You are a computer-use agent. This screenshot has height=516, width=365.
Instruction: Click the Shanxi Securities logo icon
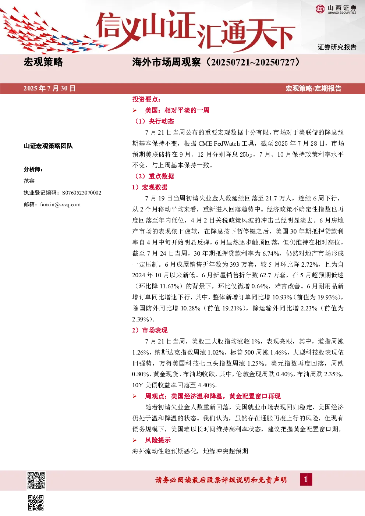tap(320, 9)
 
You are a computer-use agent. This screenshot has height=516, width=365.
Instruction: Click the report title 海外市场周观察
tap(166, 63)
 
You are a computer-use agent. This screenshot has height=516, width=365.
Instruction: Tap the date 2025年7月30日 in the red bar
tap(50, 88)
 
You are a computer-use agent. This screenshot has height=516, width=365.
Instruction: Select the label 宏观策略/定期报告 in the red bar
tap(313, 88)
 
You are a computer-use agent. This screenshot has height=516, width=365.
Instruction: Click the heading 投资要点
tap(146, 99)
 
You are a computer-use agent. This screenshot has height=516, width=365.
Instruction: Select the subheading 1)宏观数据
tap(150, 187)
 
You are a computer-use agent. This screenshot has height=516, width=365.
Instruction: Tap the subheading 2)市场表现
tap(150, 330)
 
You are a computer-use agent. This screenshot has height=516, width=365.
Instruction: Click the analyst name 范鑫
tap(29, 181)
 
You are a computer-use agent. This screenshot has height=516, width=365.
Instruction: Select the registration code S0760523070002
tap(82, 193)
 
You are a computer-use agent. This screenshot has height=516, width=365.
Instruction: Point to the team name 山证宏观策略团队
tap(48, 146)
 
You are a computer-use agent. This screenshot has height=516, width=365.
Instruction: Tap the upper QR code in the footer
tap(36, 481)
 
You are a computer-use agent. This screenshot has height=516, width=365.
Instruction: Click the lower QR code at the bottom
tap(36, 503)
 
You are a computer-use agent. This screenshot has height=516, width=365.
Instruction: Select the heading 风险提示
tap(158, 440)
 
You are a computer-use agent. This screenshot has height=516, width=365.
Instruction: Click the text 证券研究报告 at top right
tap(337, 47)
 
